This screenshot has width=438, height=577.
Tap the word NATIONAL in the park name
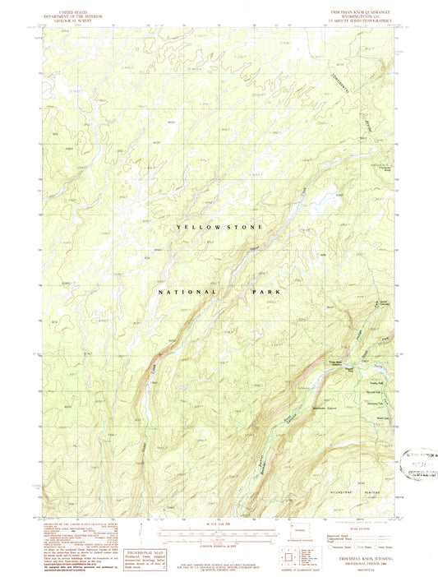point(188,292)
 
